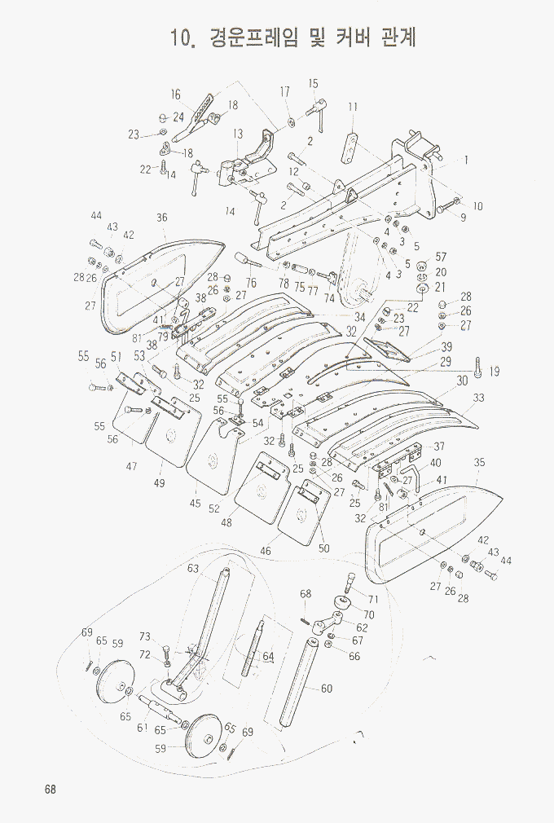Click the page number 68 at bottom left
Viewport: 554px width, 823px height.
(x=50, y=790)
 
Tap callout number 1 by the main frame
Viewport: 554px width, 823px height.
(x=466, y=161)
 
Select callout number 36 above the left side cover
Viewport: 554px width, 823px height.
(x=162, y=218)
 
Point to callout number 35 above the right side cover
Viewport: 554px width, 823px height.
(x=480, y=462)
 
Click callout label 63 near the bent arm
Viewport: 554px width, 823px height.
(x=193, y=568)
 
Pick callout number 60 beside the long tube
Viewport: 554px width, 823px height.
(x=326, y=689)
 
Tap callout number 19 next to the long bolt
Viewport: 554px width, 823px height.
(x=494, y=372)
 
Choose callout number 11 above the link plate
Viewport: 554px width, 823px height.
(x=353, y=107)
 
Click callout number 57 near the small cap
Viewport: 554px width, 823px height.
(x=441, y=257)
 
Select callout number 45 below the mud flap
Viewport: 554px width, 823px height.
(x=196, y=504)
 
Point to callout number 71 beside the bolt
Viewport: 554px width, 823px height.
(x=373, y=600)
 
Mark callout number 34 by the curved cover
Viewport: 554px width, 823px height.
(x=359, y=316)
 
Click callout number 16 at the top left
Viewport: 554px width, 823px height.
(x=175, y=95)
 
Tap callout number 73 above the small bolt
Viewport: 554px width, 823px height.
(x=145, y=636)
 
